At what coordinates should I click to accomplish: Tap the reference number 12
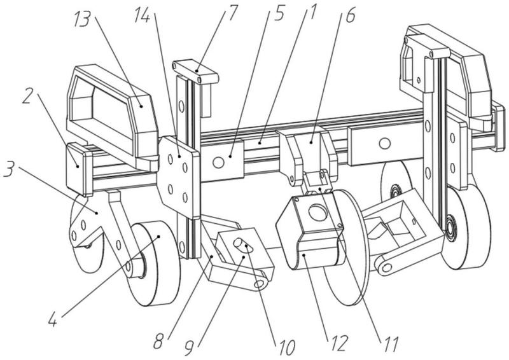pyautogui.click(x=336, y=343)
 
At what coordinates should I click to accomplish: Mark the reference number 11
pyautogui.click(x=388, y=347)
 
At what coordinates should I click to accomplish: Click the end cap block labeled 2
pyautogui.click(x=79, y=167)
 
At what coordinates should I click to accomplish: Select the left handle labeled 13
pyautogui.click(x=111, y=111)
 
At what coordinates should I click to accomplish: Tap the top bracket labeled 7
pyautogui.click(x=195, y=71)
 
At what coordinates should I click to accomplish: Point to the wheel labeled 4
pyautogui.click(x=154, y=261)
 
